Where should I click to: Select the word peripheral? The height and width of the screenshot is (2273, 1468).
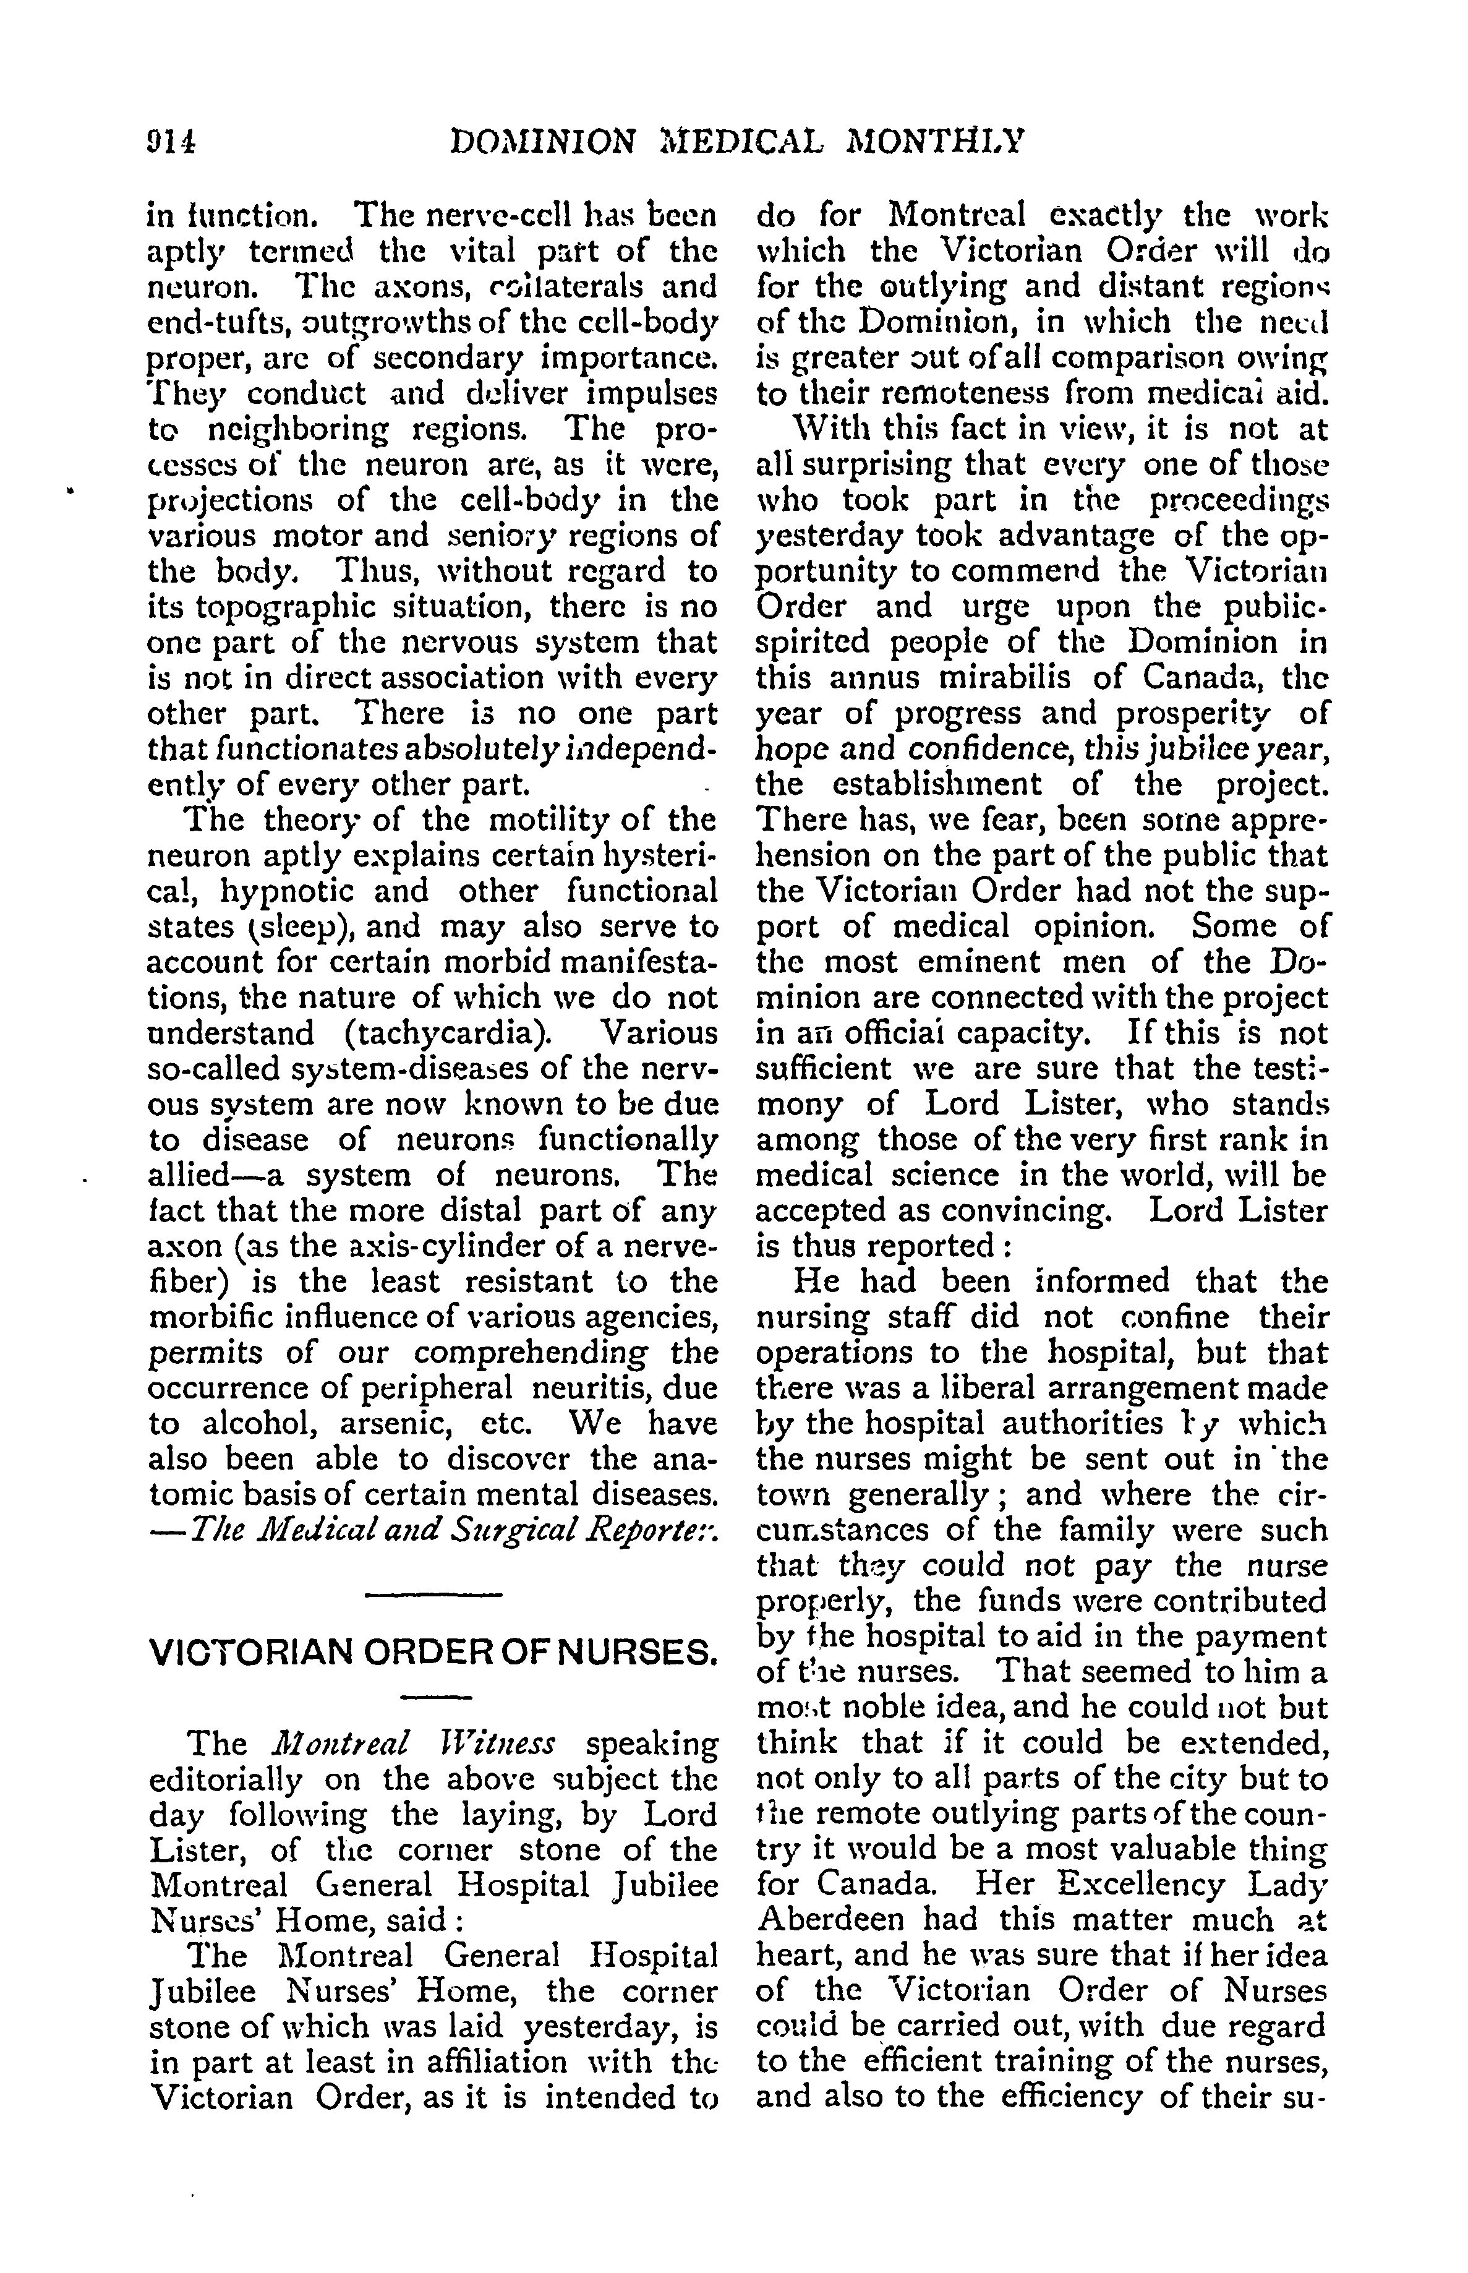[443, 1388]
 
